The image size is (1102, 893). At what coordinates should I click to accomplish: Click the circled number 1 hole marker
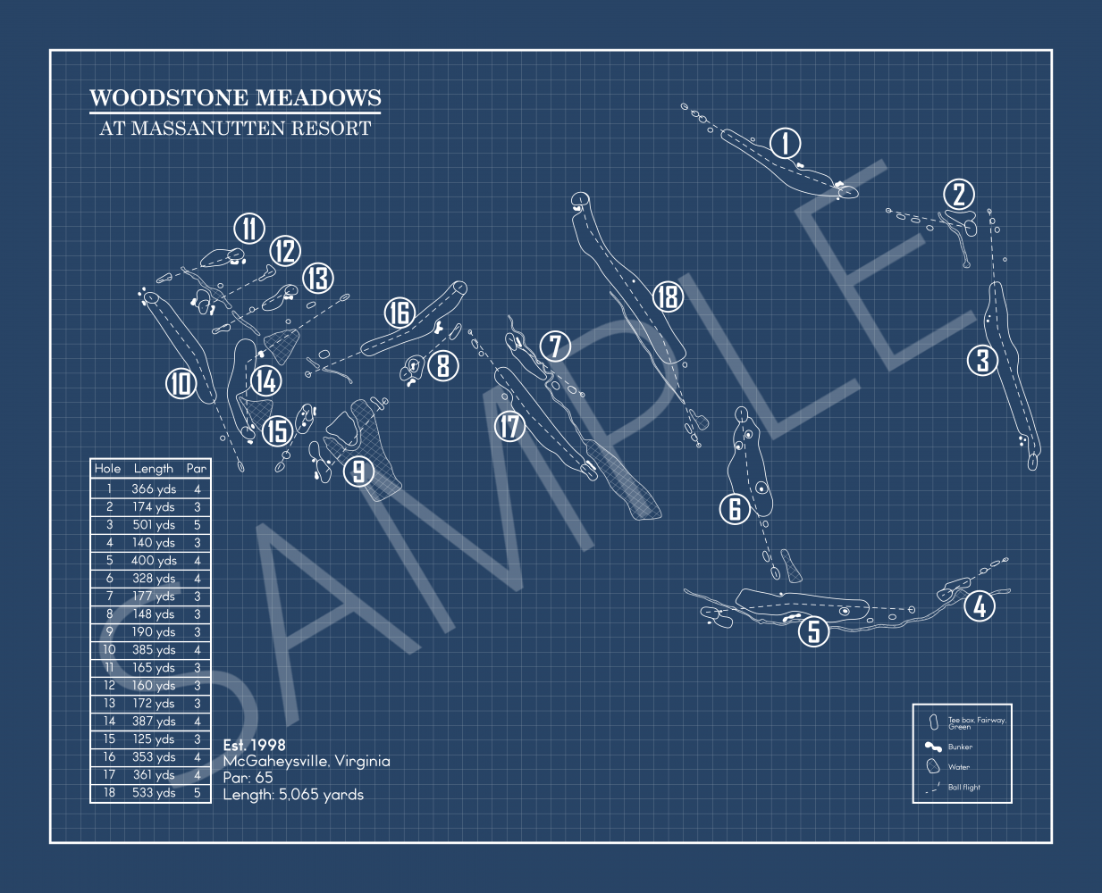pos(786,143)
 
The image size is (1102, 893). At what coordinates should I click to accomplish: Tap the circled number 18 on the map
pos(668,296)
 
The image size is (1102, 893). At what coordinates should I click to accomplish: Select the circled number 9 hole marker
pos(358,471)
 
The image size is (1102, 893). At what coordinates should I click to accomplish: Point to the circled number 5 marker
pos(813,631)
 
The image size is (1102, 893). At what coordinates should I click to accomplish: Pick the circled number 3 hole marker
pos(982,360)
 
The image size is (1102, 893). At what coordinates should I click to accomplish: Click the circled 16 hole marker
pos(400,313)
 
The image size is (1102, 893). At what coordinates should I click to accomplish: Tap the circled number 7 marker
pos(555,346)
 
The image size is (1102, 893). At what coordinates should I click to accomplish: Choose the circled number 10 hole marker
pos(181,383)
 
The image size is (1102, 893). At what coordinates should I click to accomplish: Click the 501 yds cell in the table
pos(154,525)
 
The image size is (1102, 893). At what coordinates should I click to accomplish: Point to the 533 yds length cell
pos(154,793)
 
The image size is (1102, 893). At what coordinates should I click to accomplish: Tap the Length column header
pos(154,468)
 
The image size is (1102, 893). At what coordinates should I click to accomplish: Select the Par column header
pos(197,468)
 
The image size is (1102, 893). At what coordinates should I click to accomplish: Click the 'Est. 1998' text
pos(255,745)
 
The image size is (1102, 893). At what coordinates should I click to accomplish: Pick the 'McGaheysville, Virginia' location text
pos(307,761)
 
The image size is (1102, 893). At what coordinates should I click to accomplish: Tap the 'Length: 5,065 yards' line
pos(293,795)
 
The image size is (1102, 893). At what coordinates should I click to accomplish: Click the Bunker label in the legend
pos(960,747)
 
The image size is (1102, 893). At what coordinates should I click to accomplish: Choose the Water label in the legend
pos(958,767)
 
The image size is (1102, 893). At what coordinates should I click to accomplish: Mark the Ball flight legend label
pos(963,788)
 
